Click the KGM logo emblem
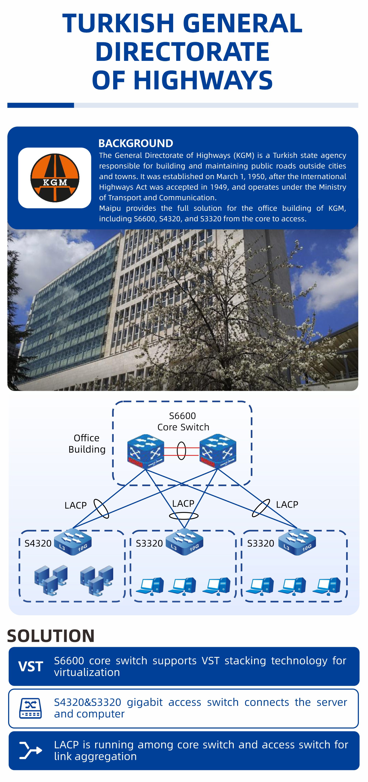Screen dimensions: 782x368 (55, 178)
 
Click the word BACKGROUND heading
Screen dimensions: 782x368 (136, 143)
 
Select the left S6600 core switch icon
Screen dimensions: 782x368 (146, 451)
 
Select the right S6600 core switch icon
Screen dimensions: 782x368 (218, 451)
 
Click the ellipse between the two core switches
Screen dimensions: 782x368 (181, 451)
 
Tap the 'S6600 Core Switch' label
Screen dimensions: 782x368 (183, 421)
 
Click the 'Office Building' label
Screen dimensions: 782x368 (87, 443)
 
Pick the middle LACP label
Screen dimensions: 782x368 (183, 503)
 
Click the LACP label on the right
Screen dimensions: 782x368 (287, 504)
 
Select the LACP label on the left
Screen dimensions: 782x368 (76, 505)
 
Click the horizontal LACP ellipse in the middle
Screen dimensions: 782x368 (183, 516)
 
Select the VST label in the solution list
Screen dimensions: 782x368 (30, 666)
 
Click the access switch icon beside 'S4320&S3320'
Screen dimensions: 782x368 (30, 708)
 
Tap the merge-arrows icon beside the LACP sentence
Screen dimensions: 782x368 (30, 750)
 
